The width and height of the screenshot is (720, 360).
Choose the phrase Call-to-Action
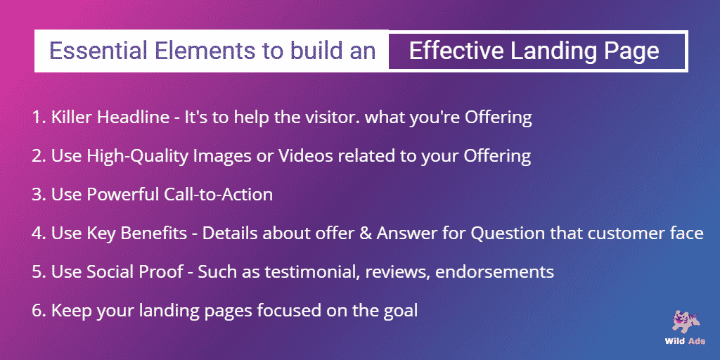coord(218,195)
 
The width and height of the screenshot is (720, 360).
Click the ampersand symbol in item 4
coord(365,233)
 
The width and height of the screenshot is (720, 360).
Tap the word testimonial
coord(311,272)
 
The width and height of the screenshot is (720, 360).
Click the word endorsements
coord(494,272)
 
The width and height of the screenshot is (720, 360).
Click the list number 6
coord(37,311)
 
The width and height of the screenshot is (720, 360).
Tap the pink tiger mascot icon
coord(686,322)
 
